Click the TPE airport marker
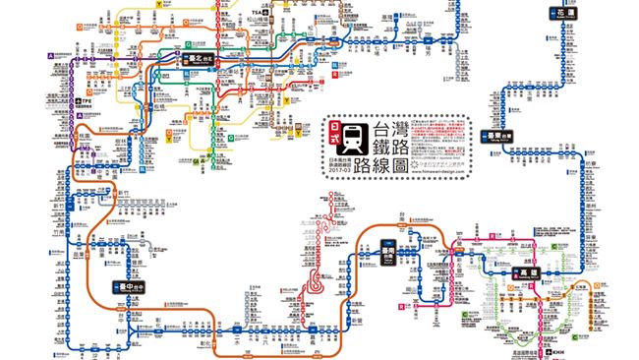click(x=84, y=101)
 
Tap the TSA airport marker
click(x=260, y=12)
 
